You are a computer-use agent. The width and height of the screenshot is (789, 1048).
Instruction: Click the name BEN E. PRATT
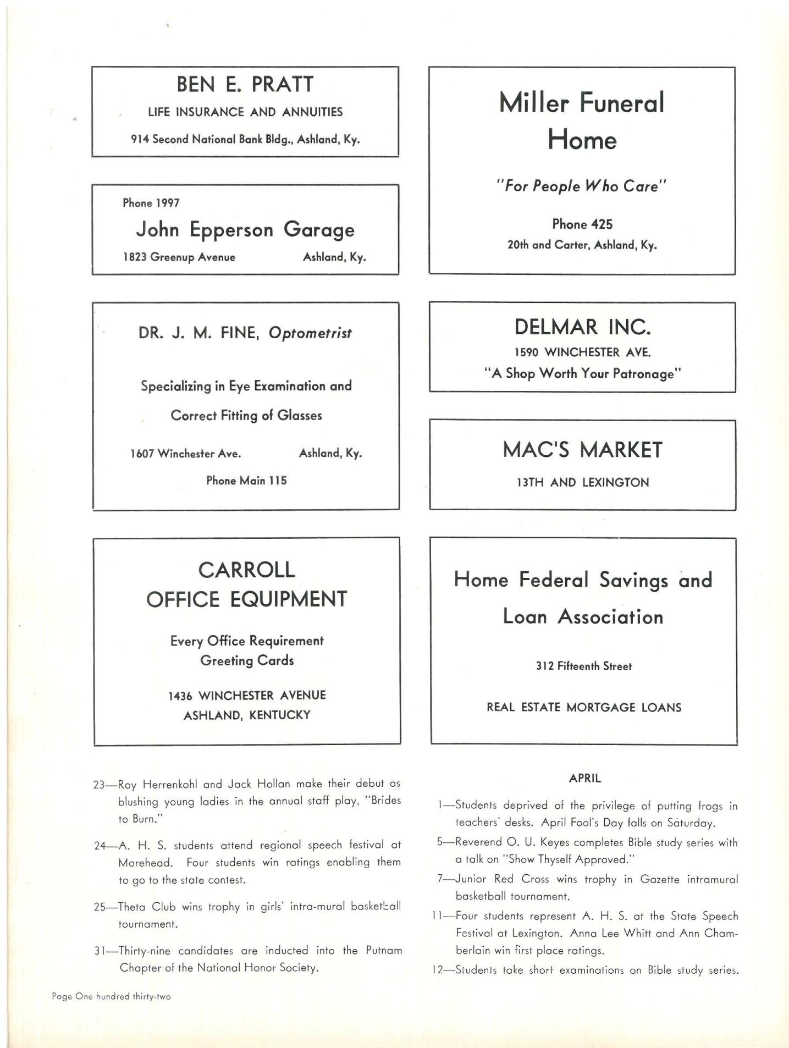pos(245,85)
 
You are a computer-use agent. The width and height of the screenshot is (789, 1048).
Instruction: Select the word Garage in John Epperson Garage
pos(319,230)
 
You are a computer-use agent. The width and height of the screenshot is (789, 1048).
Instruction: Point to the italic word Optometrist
pos(310,333)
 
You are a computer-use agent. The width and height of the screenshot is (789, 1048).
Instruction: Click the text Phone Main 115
pos(246,481)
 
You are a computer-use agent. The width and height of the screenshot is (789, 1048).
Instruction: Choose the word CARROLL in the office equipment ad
pos(246,570)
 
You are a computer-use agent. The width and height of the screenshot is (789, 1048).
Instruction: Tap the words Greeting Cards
pos(247,660)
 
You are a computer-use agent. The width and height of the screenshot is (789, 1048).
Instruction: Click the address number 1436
pos(180,696)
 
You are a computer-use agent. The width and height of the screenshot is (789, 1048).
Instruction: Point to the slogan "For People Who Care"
pos(581,186)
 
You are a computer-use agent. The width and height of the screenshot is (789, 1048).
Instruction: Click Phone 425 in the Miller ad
pos(582,224)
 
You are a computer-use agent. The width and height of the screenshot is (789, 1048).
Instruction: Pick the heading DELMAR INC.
pos(582,327)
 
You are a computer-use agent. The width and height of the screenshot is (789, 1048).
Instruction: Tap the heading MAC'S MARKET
pos(582,450)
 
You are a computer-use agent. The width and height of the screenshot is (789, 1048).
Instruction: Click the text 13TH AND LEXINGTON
pos(582,483)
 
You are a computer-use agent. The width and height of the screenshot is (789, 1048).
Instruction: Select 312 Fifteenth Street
pos(584,666)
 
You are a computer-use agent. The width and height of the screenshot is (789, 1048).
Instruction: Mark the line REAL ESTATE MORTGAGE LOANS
pos(584,708)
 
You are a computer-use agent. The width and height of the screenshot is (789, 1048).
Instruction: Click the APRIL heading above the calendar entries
pos(585,779)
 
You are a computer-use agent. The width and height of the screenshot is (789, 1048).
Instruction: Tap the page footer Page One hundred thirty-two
pos(111,996)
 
